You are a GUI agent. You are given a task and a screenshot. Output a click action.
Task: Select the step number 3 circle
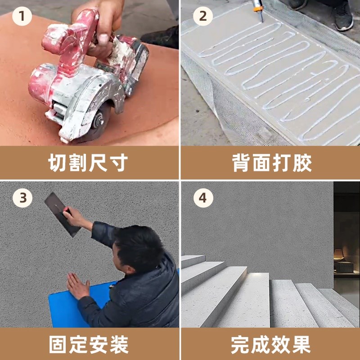22,198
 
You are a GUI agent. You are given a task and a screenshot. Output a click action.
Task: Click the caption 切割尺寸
88,163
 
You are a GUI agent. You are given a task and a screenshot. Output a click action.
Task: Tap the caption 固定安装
88,345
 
